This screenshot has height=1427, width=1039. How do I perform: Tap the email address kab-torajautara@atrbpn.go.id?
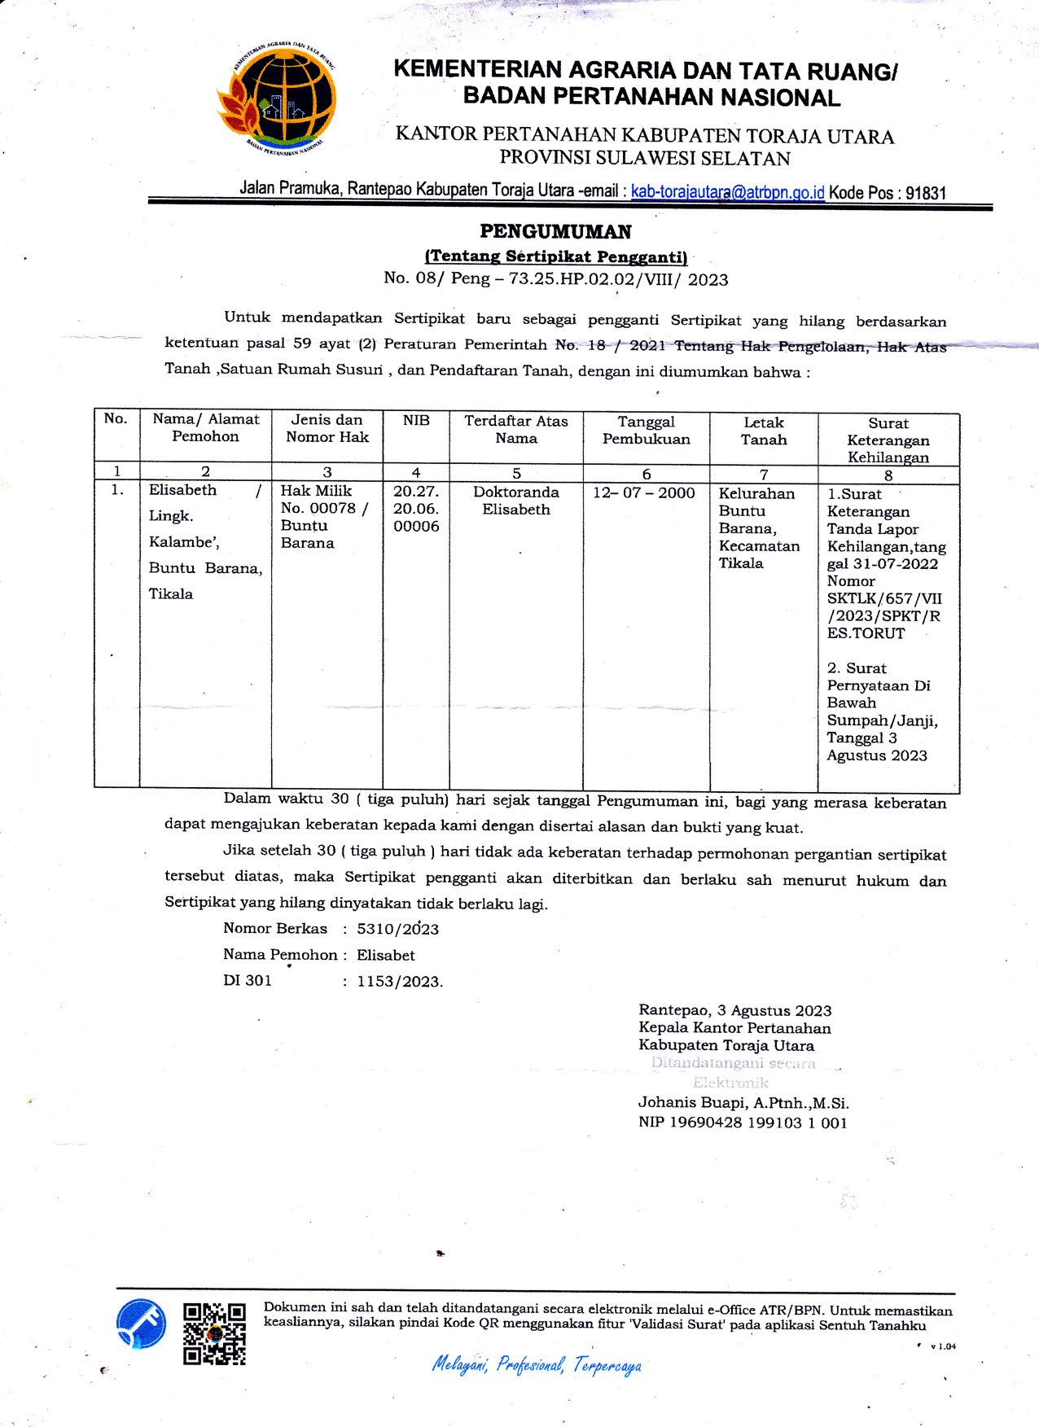[x=727, y=192]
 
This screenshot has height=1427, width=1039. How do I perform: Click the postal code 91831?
[x=925, y=193]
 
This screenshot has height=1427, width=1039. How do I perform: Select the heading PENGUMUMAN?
[x=555, y=232]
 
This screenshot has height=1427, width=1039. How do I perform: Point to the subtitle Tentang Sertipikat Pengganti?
[x=556, y=256]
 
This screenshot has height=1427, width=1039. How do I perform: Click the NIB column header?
[x=416, y=420]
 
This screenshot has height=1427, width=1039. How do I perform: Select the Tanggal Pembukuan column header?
[x=646, y=430]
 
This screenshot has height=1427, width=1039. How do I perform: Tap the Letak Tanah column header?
[x=763, y=431]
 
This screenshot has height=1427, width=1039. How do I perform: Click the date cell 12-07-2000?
[x=643, y=492]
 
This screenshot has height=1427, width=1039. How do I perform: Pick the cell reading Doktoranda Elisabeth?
[x=515, y=501]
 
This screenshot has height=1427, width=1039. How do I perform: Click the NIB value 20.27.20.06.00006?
[x=416, y=509]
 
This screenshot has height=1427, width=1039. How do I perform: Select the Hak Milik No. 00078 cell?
[x=324, y=516]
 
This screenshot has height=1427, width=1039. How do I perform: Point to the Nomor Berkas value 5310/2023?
[x=397, y=929]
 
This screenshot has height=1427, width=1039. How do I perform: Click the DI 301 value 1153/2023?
[x=399, y=981]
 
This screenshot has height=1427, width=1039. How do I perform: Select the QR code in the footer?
[x=214, y=1333]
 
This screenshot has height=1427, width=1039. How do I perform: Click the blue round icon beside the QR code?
[x=141, y=1324]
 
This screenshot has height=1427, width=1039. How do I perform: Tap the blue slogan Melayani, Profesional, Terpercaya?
[x=537, y=1364]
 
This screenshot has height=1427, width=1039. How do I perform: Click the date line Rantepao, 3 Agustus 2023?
[x=734, y=1010]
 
